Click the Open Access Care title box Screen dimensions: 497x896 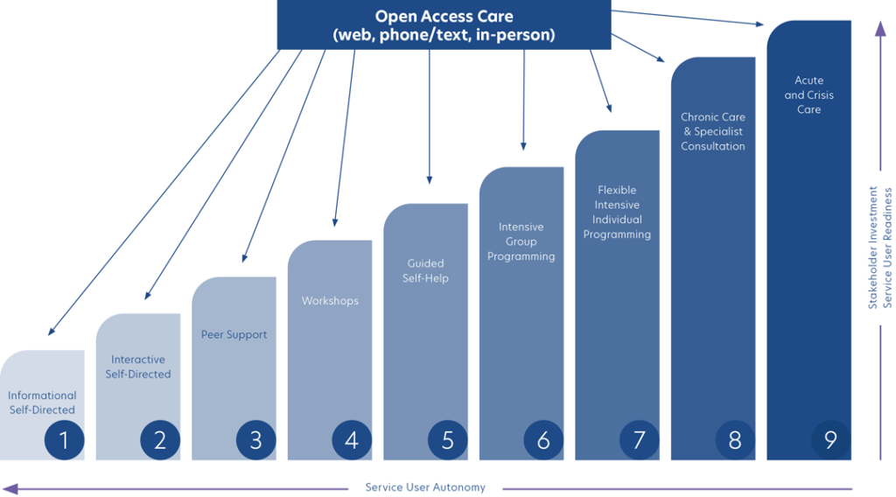pyautogui.click(x=444, y=25)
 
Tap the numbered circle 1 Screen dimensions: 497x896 pyautogui.click(x=63, y=440)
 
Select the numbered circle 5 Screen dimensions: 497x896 pyautogui.click(x=447, y=440)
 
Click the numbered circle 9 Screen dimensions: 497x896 pyautogui.click(x=830, y=440)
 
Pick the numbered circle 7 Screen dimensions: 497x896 pyautogui.click(x=639, y=440)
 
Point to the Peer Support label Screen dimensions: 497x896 pyautogui.click(x=234, y=334)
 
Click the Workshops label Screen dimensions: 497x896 pyautogui.click(x=330, y=301)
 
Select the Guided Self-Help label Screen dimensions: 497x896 pyautogui.click(x=425, y=270)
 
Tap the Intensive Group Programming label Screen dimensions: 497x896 pyautogui.click(x=521, y=241)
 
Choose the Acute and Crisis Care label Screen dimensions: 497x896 pyautogui.click(x=808, y=95)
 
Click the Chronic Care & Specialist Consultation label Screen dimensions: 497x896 pyautogui.click(x=713, y=131)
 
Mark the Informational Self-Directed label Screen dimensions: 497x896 pyautogui.click(x=42, y=402)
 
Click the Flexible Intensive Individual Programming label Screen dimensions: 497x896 pyautogui.click(x=617, y=212)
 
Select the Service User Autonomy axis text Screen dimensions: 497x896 pyautogui.click(x=425, y=487)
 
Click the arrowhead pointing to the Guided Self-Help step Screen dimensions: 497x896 pyautogui.click(x=429, y=180)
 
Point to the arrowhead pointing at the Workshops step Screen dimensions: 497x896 pyautogui.click(x=334, y=221)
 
